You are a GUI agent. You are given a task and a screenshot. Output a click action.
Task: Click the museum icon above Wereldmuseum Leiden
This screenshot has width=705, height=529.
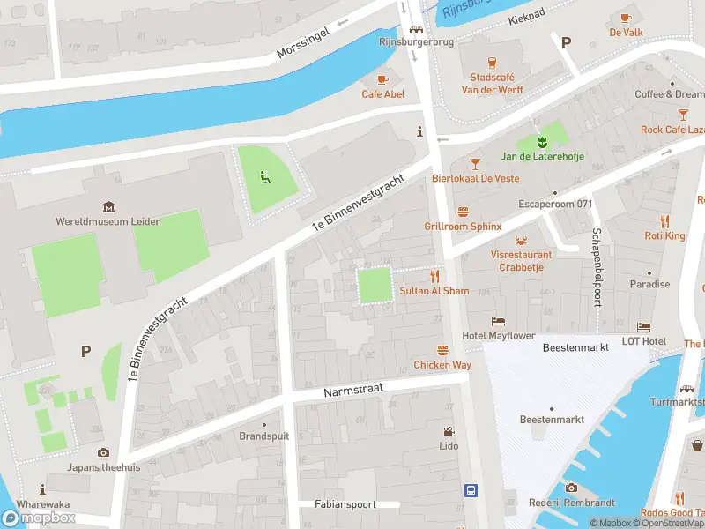tap(108, 207)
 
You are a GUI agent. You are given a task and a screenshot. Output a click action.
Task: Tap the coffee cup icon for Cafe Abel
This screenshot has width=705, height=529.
tap(382, 78)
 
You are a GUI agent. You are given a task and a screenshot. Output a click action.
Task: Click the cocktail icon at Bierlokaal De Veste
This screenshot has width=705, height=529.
tap(475, 163)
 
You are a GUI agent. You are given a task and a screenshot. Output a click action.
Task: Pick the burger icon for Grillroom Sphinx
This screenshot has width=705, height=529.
tap(463, 212)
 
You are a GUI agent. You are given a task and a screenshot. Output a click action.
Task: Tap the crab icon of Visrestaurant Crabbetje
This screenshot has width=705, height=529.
tap(522, 240)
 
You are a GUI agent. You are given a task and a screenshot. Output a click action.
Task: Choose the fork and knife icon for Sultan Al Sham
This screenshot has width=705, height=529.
tap(434, 276)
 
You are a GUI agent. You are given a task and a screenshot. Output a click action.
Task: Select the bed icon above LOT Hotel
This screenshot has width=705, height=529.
tap(643, 327)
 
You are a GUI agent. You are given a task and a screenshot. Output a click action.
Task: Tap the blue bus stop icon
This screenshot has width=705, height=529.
tap(471, 490)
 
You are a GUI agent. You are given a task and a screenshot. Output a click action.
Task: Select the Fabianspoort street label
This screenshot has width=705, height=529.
tap(345, 504)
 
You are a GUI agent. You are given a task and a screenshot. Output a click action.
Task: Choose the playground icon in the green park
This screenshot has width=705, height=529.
tap(263, 176)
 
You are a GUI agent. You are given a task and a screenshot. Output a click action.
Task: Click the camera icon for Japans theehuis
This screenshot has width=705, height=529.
tap(103, 452)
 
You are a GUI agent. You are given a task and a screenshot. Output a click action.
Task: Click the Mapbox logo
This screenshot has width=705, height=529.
tap(40, 518)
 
